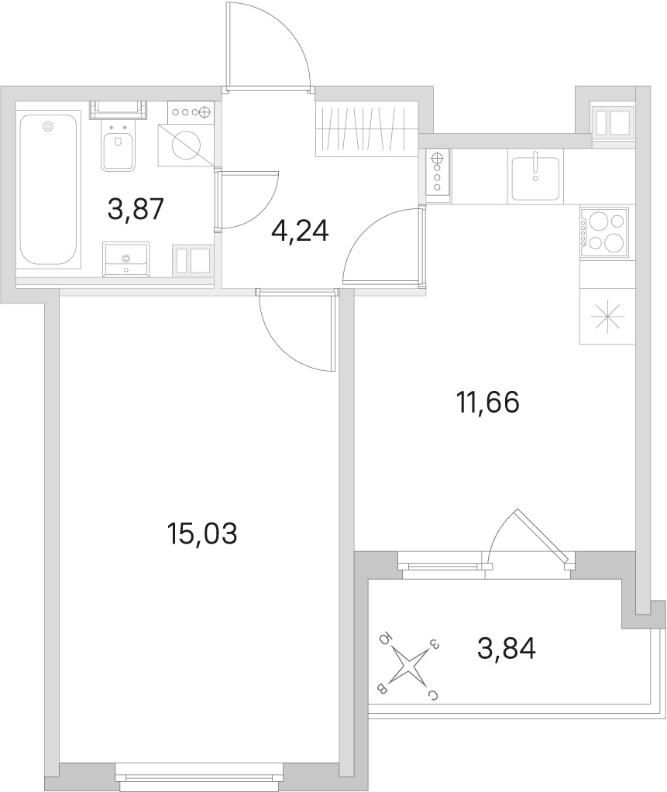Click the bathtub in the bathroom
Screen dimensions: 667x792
(x=49, y=190)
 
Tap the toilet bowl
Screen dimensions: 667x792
(x=119, y=146)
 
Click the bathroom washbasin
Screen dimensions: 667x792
(x=125, y=259)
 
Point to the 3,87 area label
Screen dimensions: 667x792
(x=136, y=209)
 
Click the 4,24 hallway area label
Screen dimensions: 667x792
(x=300, y=231)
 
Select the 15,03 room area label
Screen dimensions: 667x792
(x=201, y=534)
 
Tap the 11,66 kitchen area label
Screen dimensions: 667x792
(x=487, y=403)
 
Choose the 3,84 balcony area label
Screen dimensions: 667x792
(x=507, y=649)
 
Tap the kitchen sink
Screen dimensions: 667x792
(x=535, y=178)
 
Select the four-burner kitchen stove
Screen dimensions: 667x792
(x=604, y=233)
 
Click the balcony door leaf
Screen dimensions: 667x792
(x=543, y=536)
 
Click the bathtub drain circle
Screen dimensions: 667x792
(x=48, y=125)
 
